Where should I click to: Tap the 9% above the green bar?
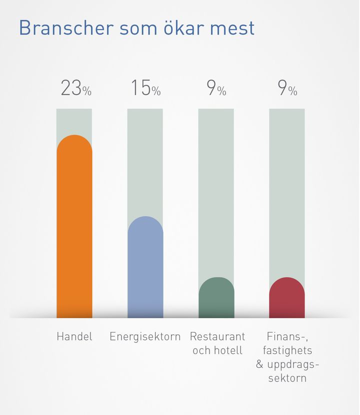click(x=216, y=88)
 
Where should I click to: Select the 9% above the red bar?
click(x=287, y=88)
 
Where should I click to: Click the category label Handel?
click(x=74, y=336)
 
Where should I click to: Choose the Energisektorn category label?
click(x=145, y=336)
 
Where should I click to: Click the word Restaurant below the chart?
click(x=217, y=336)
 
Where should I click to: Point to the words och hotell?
click(x=217, y=350)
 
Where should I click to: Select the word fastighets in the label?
click(x=287, y=350)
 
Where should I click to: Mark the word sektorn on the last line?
click(x=287, y=378)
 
